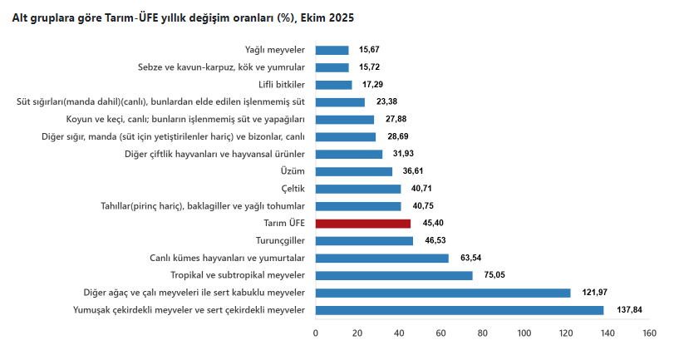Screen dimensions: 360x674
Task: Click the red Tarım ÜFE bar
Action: pyautogui.click(x=363, y=224)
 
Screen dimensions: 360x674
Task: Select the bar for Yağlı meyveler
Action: pyautogui.click(x=332, y=50)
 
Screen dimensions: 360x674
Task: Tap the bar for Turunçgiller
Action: pyautogui.click(x=364, y=241)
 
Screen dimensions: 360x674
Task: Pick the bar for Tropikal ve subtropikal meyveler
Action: pyautogui.click(x=394, y=275)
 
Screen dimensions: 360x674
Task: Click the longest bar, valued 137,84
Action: pyautogui.click(x=460, y=310)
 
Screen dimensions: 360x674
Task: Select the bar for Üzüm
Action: pyautogui.click(x=354, y=171)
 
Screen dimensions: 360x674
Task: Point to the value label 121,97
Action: pyautogui.click(x=591, y=293)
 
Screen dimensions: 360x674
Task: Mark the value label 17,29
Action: pyautogui.click(x=372, y=85)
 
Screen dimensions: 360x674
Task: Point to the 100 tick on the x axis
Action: pyautogui.click(x=524, y=333)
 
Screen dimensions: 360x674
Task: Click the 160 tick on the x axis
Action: pyautogui.click(x=649, y=333)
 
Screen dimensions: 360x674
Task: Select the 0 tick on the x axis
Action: pyautogui.click(x=316, y=333)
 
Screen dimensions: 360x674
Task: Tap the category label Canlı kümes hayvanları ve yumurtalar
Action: pyautogui.click(x=228, y=258)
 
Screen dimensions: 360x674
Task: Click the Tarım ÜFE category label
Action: pyautogui.click(x=283, y=224)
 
